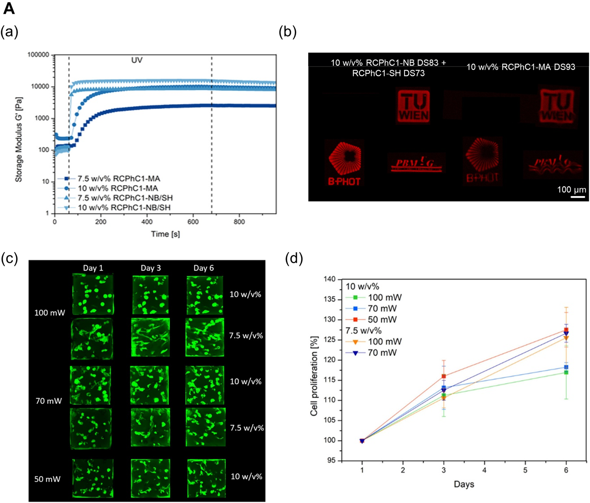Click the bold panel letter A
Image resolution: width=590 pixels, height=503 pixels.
pos(9,8)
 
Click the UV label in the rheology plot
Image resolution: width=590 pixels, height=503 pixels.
pos(137,60)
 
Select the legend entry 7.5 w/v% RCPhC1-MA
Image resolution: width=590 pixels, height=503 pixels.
pos(118,179)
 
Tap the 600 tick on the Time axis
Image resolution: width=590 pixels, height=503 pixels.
pos(193,222)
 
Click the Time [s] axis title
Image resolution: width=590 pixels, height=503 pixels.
pos(165,234)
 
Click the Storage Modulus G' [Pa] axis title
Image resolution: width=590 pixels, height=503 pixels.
pos(18,134)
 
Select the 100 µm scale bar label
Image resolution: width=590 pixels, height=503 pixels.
pos(572,189)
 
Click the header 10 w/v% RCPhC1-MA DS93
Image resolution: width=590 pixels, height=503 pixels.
pos(521,67)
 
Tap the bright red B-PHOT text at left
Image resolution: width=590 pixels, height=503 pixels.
pos(344,181)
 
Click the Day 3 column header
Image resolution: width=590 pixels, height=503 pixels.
pos(151,268)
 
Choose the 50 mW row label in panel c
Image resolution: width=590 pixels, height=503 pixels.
pos(47,479)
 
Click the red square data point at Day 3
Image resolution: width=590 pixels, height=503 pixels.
pos(444,376)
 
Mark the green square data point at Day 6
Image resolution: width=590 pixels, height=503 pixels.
pos(566,372)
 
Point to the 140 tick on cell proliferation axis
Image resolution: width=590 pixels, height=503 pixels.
pos(329,279)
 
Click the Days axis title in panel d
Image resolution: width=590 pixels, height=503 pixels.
pos(464,484)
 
